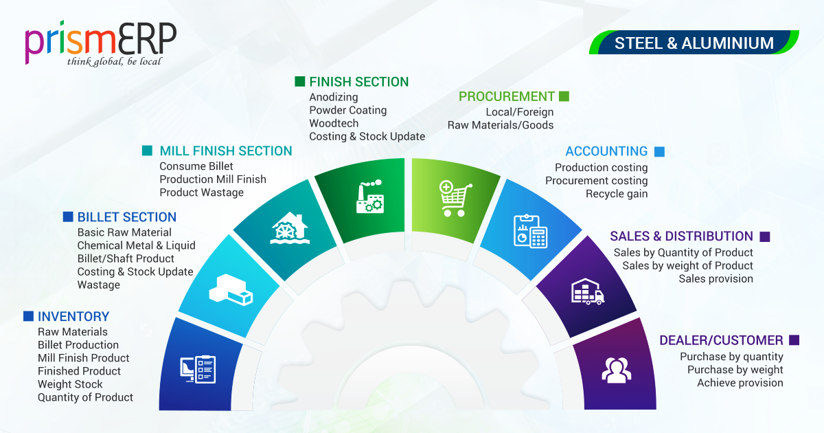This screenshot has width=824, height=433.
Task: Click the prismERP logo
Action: tap(100, 43)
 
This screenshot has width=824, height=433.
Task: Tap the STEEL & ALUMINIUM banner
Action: tap(694, 43)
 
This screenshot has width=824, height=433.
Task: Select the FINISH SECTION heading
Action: tap(359, 82)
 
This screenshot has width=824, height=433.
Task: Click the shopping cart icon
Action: tap(455, 199)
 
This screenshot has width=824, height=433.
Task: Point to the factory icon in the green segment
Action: tap(370, 197)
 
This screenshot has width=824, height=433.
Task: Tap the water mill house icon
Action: tap(290, 228)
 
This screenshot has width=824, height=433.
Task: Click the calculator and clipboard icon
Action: tap(530, 231)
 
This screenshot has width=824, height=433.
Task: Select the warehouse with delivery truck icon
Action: tap(588, 291)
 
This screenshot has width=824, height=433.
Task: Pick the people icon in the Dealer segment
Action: tap(617, 370)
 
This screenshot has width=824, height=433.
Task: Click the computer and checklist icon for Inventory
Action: tap(198, 369)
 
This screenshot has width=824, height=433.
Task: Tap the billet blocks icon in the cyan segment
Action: tap(231, 290)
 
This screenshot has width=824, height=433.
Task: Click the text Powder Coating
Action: tap(348, 110)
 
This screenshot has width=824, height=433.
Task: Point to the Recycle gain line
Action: tap(617, 194)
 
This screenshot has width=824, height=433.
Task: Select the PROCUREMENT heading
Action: tap(507, 96)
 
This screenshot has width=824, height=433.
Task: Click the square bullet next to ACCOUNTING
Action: tap(660, 152)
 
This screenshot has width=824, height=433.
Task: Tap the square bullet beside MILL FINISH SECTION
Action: tap(147, 151)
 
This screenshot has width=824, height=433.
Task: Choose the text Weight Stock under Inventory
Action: tap(70, 384)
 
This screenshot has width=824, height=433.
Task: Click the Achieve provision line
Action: tap(740, 383)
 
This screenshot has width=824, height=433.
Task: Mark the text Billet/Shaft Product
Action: tap(126, 258)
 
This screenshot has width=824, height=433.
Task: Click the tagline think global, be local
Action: tap(114, 61)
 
